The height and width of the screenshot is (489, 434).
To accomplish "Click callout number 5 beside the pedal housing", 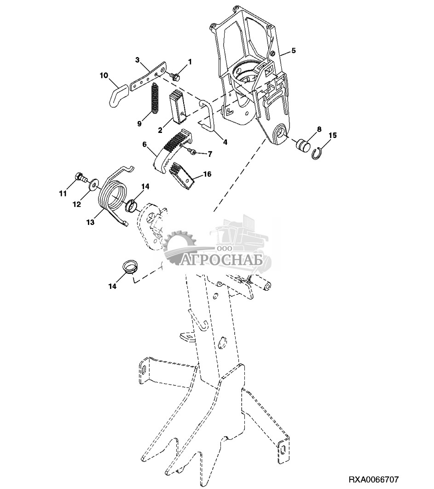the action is pyautogui.click(x=293, y=51).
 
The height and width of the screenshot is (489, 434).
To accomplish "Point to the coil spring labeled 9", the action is pyautogui.click(x=155, y=98).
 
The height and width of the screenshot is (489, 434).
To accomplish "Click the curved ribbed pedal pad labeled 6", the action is pyautogui.click(x=173, y=150).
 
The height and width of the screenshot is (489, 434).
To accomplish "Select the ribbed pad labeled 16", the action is pyautogui.click(x=181, y=177).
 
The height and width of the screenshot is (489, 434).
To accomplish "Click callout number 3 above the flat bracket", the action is pyautogui.click(x=137, y=60).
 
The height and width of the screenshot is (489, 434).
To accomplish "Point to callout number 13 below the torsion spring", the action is pyautogui.click(x=91, y=222).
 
